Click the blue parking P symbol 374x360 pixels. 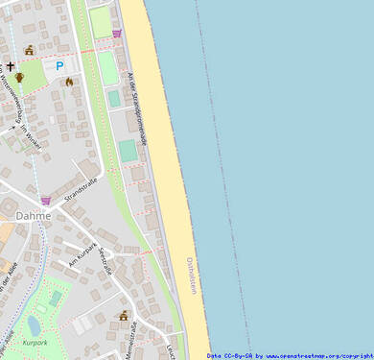click(x=59, y=66)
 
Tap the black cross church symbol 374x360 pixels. click(x=12, y=66)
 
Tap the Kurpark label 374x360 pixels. click(x=35, y=341)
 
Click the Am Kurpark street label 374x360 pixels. click(x=83, y=252)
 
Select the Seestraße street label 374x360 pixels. click(x=106, y=260)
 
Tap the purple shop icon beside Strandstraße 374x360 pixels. click(x=45, y=201)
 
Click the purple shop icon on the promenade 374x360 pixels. click(x=117, y=34)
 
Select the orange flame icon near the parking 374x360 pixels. click(x=69, y=82)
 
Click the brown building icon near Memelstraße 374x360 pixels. click(x=124, y=316)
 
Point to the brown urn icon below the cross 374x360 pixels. click(x=18, y=78)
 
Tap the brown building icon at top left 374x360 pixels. click(x=29, y=50)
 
